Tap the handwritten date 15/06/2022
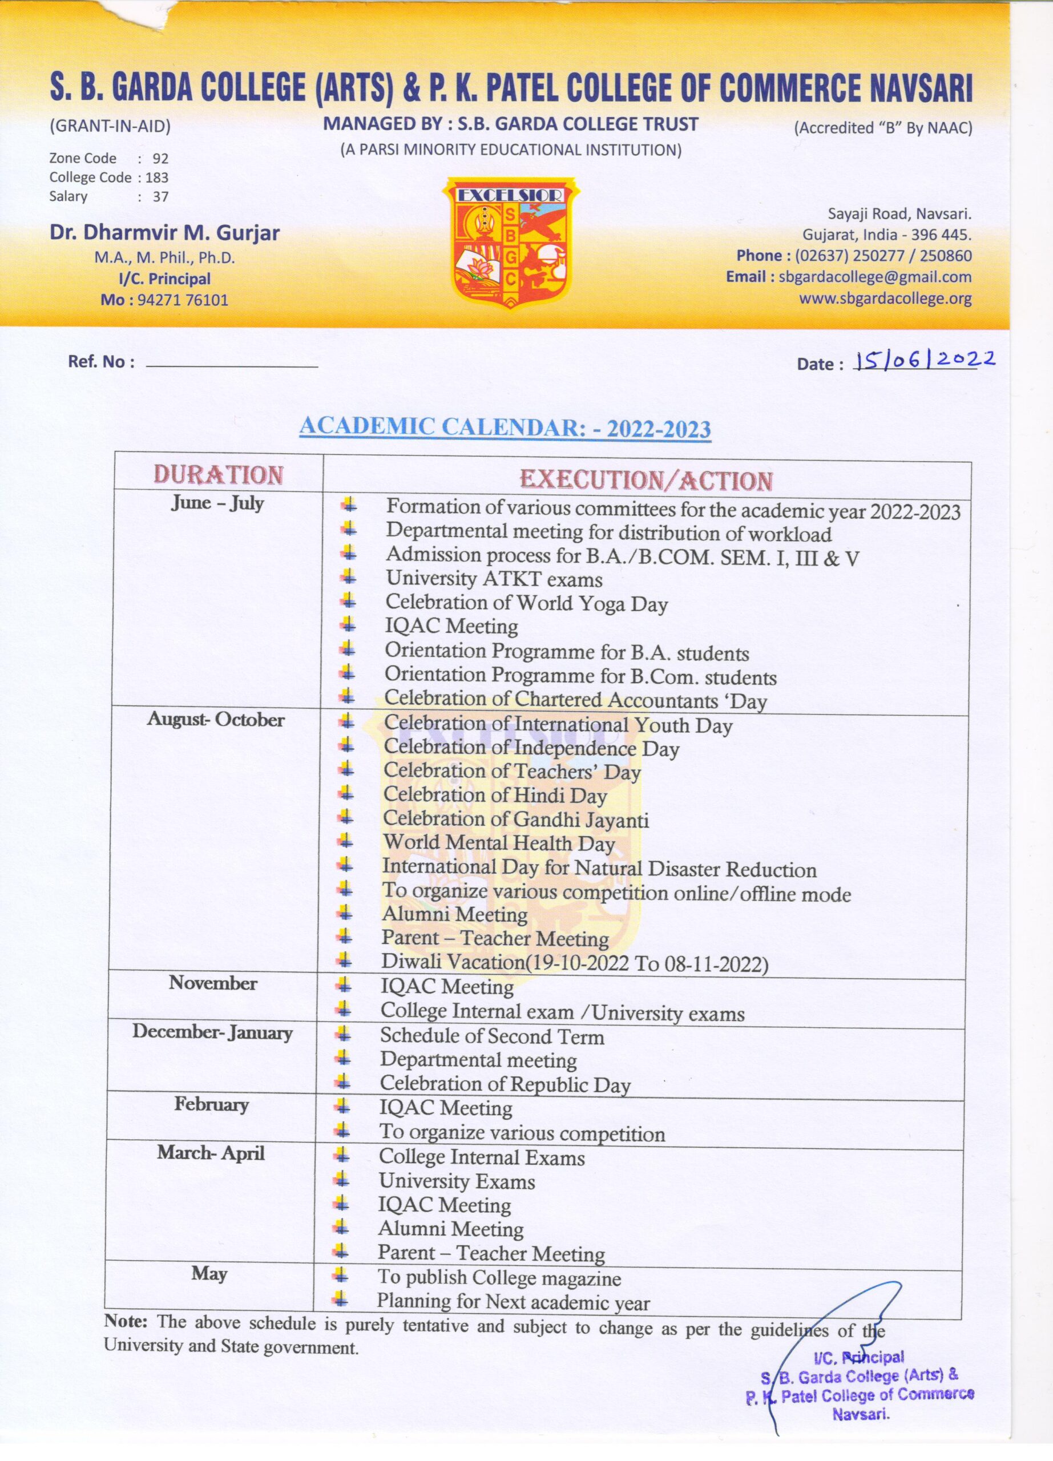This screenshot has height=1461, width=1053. pos(923,361)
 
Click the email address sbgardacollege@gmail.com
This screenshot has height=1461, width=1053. pos(874,277)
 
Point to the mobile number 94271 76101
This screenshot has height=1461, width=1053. pos(183,300)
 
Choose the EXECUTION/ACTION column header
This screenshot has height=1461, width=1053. pos(646,480)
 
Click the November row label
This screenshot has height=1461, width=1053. pos(213,983)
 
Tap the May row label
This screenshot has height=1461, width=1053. pos(209,1274)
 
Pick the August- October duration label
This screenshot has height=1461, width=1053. pos(216,720)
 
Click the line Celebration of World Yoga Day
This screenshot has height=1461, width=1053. pos(526,603)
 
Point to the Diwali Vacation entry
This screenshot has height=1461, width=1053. pos(575,962)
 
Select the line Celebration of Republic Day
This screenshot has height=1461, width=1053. pos(505,1084)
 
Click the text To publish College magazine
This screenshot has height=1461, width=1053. pos(499,1277)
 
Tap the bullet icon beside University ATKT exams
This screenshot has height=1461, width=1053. pos(348,576)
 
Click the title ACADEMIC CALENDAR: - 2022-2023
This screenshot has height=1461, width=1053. pos(505,427)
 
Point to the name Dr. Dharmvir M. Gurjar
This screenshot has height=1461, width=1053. pos(165,232)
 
